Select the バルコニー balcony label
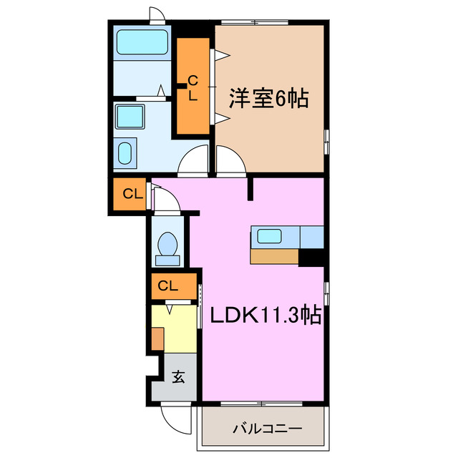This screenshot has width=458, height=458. [267, 430]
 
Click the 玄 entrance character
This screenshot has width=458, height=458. [178, 376]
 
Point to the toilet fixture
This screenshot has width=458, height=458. [169, 245]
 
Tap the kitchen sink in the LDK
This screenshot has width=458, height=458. [270, 235]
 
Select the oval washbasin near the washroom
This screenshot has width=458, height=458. [125, 152]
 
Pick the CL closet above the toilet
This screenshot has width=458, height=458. [130, 193]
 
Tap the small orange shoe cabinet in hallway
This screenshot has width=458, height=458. [157, 338]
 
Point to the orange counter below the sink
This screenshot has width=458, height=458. [274, 256]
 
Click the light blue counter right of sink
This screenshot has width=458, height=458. [311, 235]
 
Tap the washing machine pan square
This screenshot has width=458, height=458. [130, 116]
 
